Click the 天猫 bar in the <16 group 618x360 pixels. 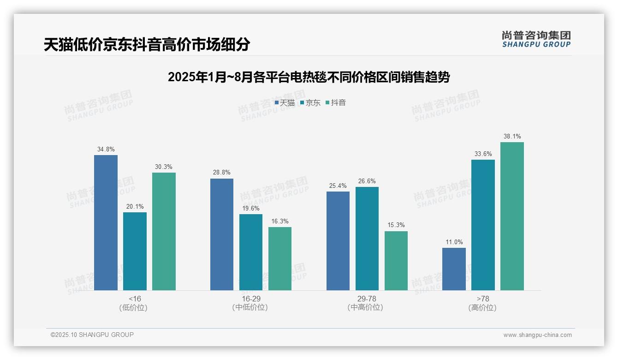pos(106,222)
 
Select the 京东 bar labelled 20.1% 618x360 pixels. pos(135,251)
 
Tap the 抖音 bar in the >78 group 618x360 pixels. pos(512,216)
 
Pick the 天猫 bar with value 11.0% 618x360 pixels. pos(454,269)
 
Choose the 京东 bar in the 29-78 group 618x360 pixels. pos(367,239)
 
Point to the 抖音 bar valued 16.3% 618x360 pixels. pos(280,258)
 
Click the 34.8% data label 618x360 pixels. pos(106,150)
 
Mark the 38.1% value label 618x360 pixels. pos(512,137)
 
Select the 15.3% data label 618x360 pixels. pos(396,225)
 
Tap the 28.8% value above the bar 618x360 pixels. pos(222,173)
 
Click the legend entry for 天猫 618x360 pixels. pos(285,103)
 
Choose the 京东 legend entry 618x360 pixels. pos(310,103)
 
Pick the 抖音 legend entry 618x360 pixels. pos(336,103)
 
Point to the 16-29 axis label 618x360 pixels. pos(251,299)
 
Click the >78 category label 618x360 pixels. pos(483,299)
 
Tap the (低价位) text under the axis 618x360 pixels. pos(134,308)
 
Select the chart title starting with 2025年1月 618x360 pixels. pos(309,77)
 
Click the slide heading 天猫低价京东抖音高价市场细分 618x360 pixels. pos(147,44)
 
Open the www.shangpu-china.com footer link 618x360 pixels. pos(537,335)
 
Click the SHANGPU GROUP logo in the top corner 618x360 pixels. pos(536,39)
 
